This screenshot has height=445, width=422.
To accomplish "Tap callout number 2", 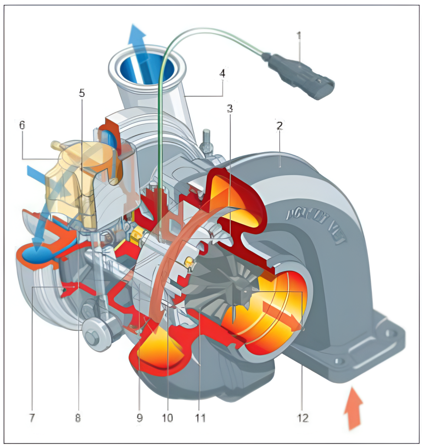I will coord(280,126).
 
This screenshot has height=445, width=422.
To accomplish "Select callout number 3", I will coord(230,108).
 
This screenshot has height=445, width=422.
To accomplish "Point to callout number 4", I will coord(222,73).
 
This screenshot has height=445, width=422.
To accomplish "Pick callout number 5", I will coord(82,93).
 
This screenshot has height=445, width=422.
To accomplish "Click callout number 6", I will coord(22,125).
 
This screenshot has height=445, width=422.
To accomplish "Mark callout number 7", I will coord(31,418).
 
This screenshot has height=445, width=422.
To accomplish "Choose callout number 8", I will coord(78,418).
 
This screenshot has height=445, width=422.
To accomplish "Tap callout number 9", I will coord(139,418).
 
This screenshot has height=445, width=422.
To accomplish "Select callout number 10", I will coord(167,418).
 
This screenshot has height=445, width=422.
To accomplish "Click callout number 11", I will coord(199,418).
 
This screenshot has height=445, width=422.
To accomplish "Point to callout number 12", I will coord(303,418).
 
